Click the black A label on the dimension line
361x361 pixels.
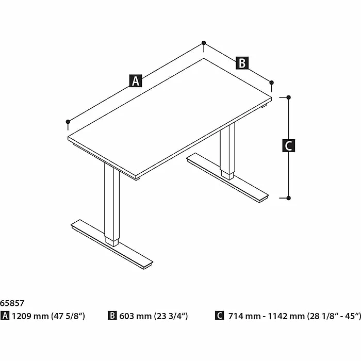click(x=136, y=80)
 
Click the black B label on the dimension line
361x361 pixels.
click(x=242, y=63)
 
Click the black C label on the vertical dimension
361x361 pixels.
click(x=289, y=146)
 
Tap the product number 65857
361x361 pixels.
click(x=12, y=304)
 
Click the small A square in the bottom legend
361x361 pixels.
click(x=5, y=316)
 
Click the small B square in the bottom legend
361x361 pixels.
click(x=112, y=316)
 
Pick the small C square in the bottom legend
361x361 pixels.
click(x=220, y=316)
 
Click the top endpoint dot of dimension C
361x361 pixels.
click(x=289, y=97)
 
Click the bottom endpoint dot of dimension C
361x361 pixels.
click(x=289, y=198)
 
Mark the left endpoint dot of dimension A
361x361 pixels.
click(x=68, y=122)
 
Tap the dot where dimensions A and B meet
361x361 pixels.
click(x=204, y=43)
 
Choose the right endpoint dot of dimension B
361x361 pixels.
click(x=272, y=82)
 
